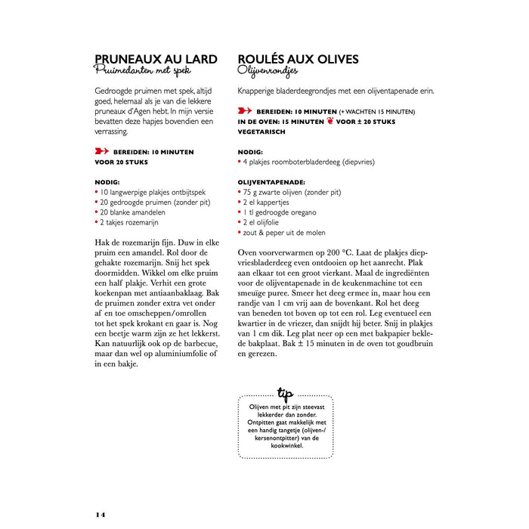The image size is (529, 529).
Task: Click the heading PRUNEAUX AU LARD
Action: point(156,59)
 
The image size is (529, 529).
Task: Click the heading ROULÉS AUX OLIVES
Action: point(298,59)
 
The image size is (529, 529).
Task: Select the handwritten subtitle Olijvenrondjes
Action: point(268,72)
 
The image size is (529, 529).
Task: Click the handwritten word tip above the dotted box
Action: point(285,392)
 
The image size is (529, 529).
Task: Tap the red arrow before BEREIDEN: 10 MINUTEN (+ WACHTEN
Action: point(245,111)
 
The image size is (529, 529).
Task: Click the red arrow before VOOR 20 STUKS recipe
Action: point(101,151)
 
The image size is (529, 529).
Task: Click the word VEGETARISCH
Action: point(261,131)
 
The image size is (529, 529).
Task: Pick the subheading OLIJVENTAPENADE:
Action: point(271,182)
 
